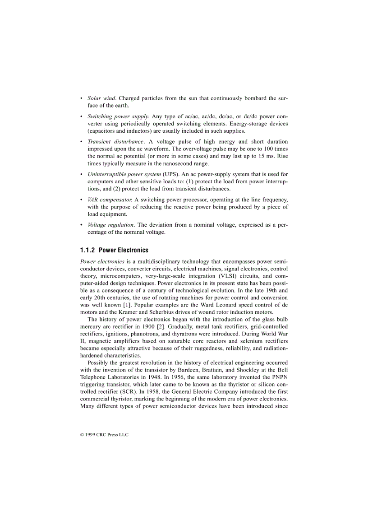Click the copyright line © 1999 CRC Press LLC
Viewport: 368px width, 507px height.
coord(104,435)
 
